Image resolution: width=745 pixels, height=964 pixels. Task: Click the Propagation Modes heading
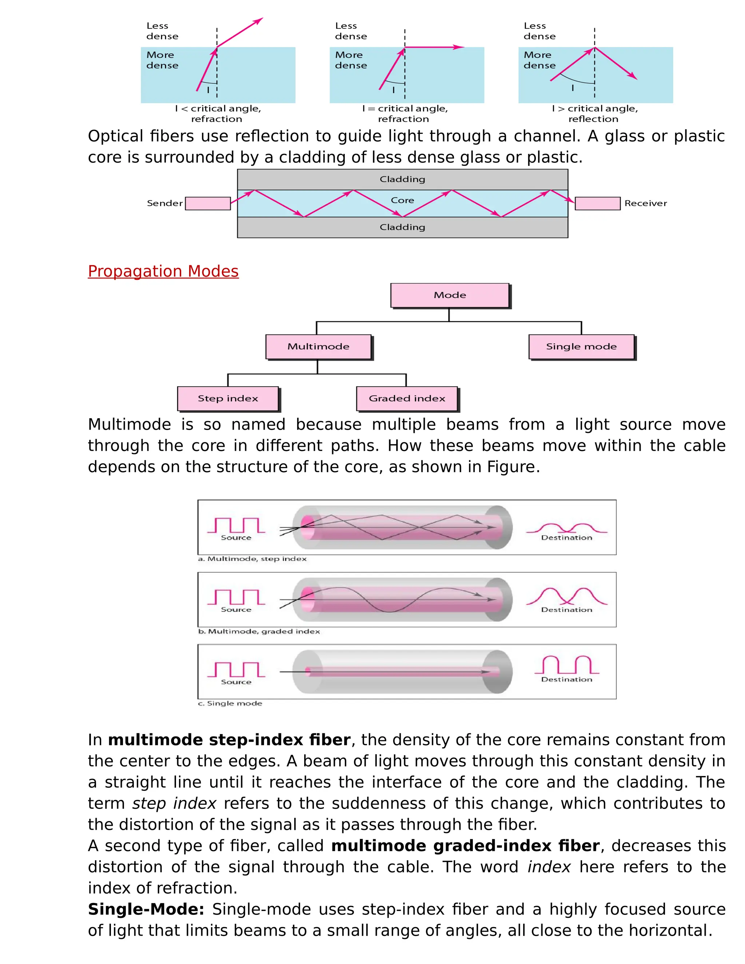(x=163, y=271)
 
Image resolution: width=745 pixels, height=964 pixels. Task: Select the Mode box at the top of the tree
(x=450, y=295)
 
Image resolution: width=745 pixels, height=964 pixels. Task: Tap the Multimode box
(x=318, y=346)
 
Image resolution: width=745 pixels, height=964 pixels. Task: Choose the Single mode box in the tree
(x=581, y=346)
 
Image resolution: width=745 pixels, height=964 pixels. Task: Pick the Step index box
(x=228, y=399)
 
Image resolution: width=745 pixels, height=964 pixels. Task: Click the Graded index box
(x=407, y=399)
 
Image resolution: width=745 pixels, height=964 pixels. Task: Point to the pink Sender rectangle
(x=208, y=203)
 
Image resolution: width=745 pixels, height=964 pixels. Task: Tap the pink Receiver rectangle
(x=598, y=203)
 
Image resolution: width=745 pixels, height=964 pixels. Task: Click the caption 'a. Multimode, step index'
(x=252, y=559)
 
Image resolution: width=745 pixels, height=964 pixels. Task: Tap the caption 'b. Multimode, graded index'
(x=259, y=631)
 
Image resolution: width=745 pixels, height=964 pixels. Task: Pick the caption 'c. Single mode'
(x=230, y=703)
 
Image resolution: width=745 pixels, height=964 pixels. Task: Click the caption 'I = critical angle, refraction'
(x=404, y=113)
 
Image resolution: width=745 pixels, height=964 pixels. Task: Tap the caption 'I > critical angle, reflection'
(x=594, y=113)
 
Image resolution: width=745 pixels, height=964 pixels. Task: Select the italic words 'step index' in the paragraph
(x=174, y=803)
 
